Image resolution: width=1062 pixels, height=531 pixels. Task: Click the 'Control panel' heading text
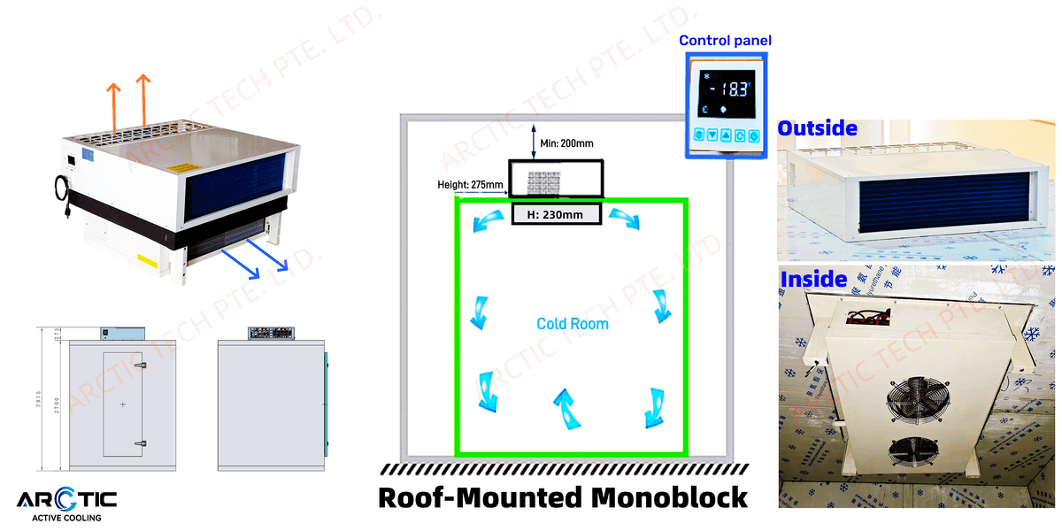(725, 41)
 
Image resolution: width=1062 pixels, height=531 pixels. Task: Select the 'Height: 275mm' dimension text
(470, 185)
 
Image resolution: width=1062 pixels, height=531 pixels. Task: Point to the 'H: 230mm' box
(557, 213)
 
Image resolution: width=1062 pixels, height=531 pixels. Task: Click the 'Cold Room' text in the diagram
(573, 324)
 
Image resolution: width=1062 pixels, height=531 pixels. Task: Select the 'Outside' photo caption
(817, 128)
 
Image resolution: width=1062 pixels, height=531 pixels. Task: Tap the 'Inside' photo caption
(813, 280)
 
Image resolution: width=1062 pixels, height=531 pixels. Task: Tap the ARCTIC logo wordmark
(66, 501)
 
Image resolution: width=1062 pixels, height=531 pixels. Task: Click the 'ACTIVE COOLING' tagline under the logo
(66, 519)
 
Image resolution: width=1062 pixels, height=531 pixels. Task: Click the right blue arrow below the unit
(269, 261)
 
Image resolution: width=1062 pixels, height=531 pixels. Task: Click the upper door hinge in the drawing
(140, 364)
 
